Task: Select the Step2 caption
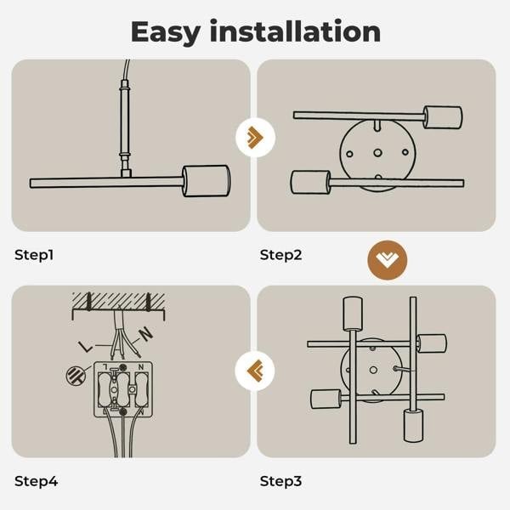click(281, 254)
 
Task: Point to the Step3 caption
click(281, 481)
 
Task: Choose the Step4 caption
click(36, 481)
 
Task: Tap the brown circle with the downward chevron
click(387, 259)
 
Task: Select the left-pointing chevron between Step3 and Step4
click(254, 370)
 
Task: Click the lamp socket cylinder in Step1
click(207, 181)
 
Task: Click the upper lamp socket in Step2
click(443, 117)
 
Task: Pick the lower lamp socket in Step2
click(309, 183)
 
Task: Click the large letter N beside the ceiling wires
click(145, 334)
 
